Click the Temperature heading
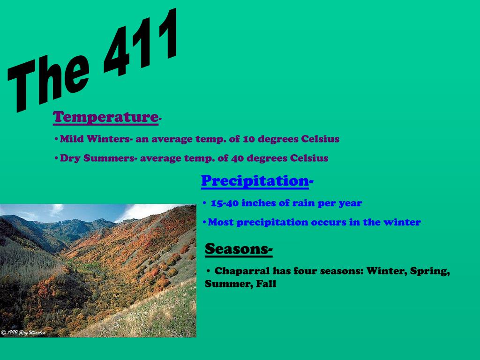[x=105, y=117]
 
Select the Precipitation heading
[x=255, y=180]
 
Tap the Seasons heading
[x=238, y=249]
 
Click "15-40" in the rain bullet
[x=225, y=203]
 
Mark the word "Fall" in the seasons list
[x=266, y=284]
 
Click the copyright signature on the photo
[x=23, y=332]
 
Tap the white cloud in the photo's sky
[x=141, y=212]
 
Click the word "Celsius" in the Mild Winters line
[x=320, y=139]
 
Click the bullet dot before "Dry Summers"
[x=56, y=158]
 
